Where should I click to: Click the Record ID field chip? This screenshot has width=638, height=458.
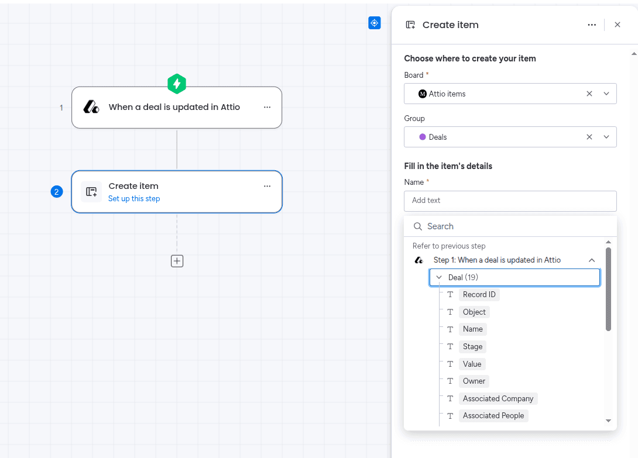479,294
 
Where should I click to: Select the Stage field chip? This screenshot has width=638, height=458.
472,346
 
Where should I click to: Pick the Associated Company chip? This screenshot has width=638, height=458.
498,398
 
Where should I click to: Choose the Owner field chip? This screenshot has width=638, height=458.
474,381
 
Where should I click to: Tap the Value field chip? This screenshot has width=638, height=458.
472,364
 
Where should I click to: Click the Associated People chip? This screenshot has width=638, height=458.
493,416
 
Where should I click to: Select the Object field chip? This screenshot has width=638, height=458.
474,312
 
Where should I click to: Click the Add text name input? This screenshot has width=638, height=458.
510,201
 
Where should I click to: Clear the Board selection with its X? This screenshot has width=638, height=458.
589,94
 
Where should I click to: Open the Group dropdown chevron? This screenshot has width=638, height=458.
606,137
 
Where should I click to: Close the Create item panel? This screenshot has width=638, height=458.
618,25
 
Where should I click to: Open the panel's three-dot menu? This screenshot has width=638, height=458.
592,25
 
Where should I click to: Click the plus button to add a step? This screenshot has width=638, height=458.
177,261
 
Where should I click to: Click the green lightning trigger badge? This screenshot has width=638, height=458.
177,84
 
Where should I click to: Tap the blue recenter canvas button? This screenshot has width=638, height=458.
375,23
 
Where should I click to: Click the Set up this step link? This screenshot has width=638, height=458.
134,198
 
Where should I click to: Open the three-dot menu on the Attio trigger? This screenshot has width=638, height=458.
267,107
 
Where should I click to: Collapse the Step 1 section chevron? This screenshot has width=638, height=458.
592,260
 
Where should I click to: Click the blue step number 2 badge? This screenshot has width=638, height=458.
57,192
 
